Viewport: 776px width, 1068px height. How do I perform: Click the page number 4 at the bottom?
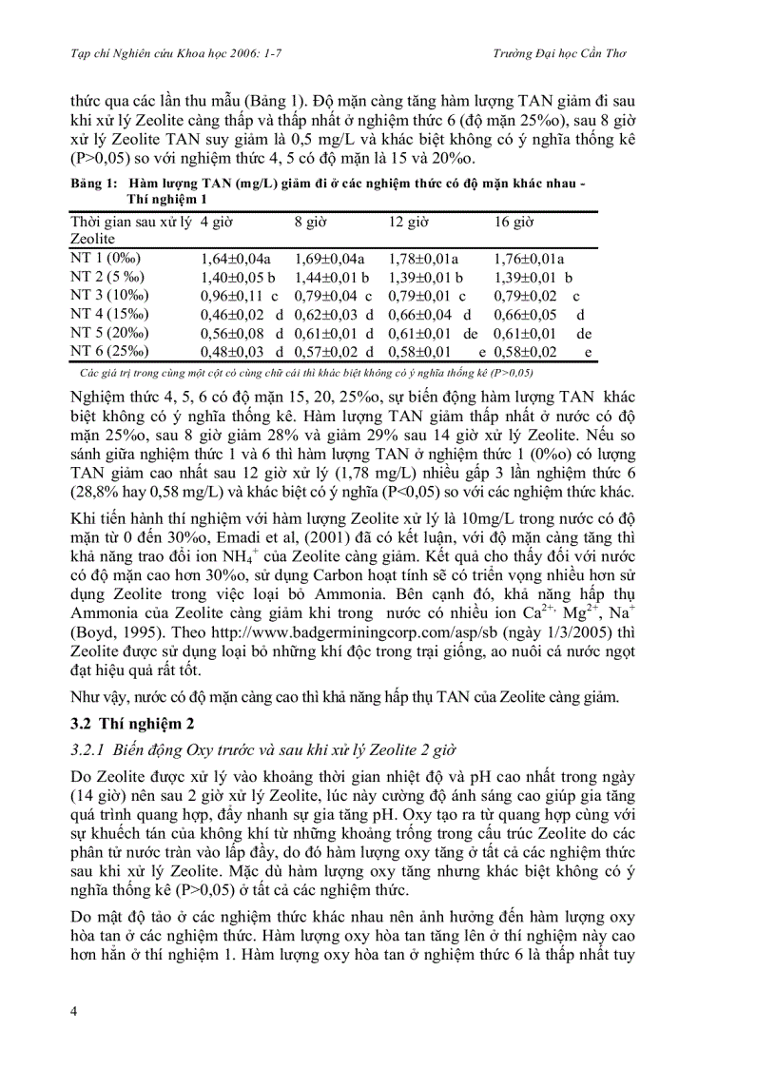coord(73,1010)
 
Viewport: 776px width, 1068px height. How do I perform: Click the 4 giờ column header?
coord(217,222)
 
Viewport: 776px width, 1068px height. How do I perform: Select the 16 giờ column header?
coord(514,222)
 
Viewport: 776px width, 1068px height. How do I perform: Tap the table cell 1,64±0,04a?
coord(236,258)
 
